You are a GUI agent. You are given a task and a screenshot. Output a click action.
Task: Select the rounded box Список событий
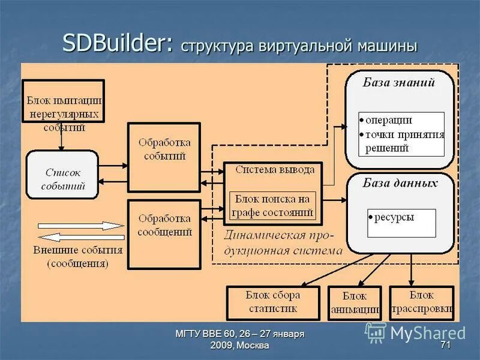pyautogui.click(x=62, y=175)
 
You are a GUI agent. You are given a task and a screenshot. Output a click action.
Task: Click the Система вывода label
pyautogui.click(x=274, y=170)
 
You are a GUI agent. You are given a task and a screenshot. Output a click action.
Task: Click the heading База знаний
pyautogui.click(x=398, y=83)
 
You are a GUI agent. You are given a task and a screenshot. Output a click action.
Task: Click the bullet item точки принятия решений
pyautogui.click(x=403, y=142)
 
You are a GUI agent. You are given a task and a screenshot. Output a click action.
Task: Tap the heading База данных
pyautogui.click(x=400, y=183)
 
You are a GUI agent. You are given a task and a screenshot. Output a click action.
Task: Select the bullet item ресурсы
pyautogui.click(x=394, y=217)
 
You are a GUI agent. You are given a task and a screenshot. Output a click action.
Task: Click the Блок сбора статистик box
pyautogui.click(x=273, y=302)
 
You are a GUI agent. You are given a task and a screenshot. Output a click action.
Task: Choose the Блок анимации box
pyautogui.click(x=355, y=303)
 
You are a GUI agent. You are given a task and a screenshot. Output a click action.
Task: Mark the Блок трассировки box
pyautogui.click(x=421, y=302)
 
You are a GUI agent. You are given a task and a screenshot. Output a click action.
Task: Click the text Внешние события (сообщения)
pyautogui.click(x=78, y=256)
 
